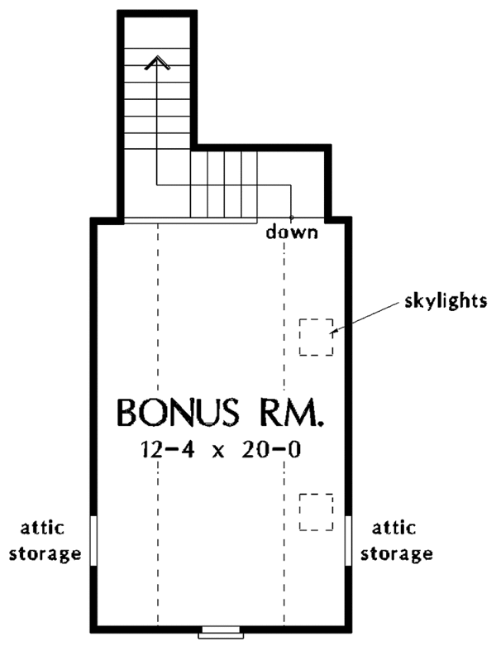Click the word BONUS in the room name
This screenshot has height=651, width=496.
tap(179, 413)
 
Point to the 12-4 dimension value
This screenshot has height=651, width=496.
tap(167, 450)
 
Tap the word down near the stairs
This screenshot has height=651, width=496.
tap(292, 232)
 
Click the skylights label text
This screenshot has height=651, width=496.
tap(446, 301)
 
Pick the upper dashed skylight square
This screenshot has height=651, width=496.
tap(317, 337)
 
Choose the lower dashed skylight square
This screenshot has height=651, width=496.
tap(317, 512)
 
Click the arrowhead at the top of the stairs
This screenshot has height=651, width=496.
tap(157, 63)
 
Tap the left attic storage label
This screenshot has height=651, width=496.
tap(45, 541)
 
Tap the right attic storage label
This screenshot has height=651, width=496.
tap(396, 541)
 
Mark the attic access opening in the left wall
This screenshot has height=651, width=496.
tap(93, 540)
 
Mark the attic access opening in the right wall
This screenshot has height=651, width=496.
tap(349, 540)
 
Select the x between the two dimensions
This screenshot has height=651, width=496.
tap(218, 452)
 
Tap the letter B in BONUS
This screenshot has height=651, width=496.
tap(127, 413)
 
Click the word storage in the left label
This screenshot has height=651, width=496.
tap(45, 555)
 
